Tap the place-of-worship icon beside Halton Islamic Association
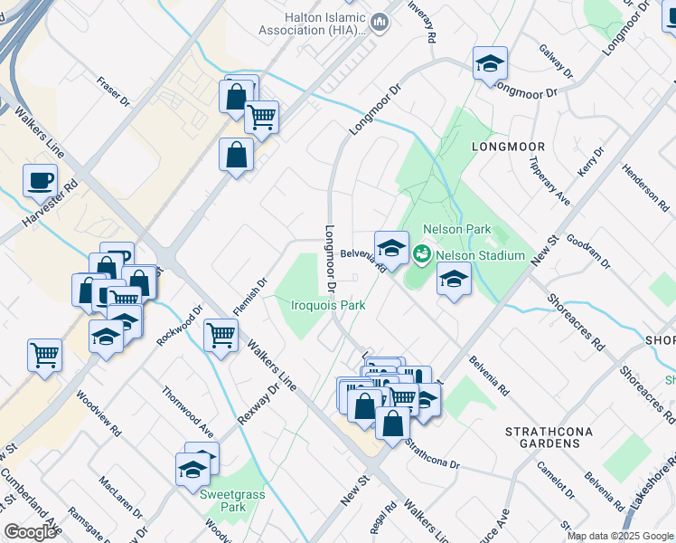(x=380, y=22)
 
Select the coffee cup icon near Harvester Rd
(x=40, y=180)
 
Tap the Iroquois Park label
(x=328, y=305)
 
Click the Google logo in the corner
(x=30, y=531)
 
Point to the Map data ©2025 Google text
(x=620, y=536)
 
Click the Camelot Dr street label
(x=555, y=479)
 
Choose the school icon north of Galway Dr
(x=490, y=63)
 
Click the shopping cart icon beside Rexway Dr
(x=221, y=335)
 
